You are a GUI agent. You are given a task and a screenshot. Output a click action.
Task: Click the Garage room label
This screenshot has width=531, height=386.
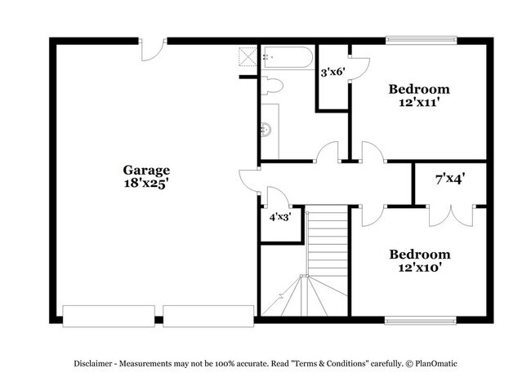[x=147, y=170]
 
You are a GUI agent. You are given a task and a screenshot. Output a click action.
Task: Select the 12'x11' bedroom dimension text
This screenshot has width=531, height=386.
[x=419, y=103]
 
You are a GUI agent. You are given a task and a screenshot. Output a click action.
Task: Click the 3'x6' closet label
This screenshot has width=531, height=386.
[x=332, y=72]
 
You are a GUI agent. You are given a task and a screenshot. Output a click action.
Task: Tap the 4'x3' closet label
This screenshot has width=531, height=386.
[x=280, y=217]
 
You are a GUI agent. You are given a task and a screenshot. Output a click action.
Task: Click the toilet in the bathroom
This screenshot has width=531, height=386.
[x=274, y=84]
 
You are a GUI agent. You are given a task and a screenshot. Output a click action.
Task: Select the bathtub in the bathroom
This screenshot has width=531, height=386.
[x=287, y=58]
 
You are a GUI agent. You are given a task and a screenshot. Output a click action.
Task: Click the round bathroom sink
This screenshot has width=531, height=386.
[x=265, y=129]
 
